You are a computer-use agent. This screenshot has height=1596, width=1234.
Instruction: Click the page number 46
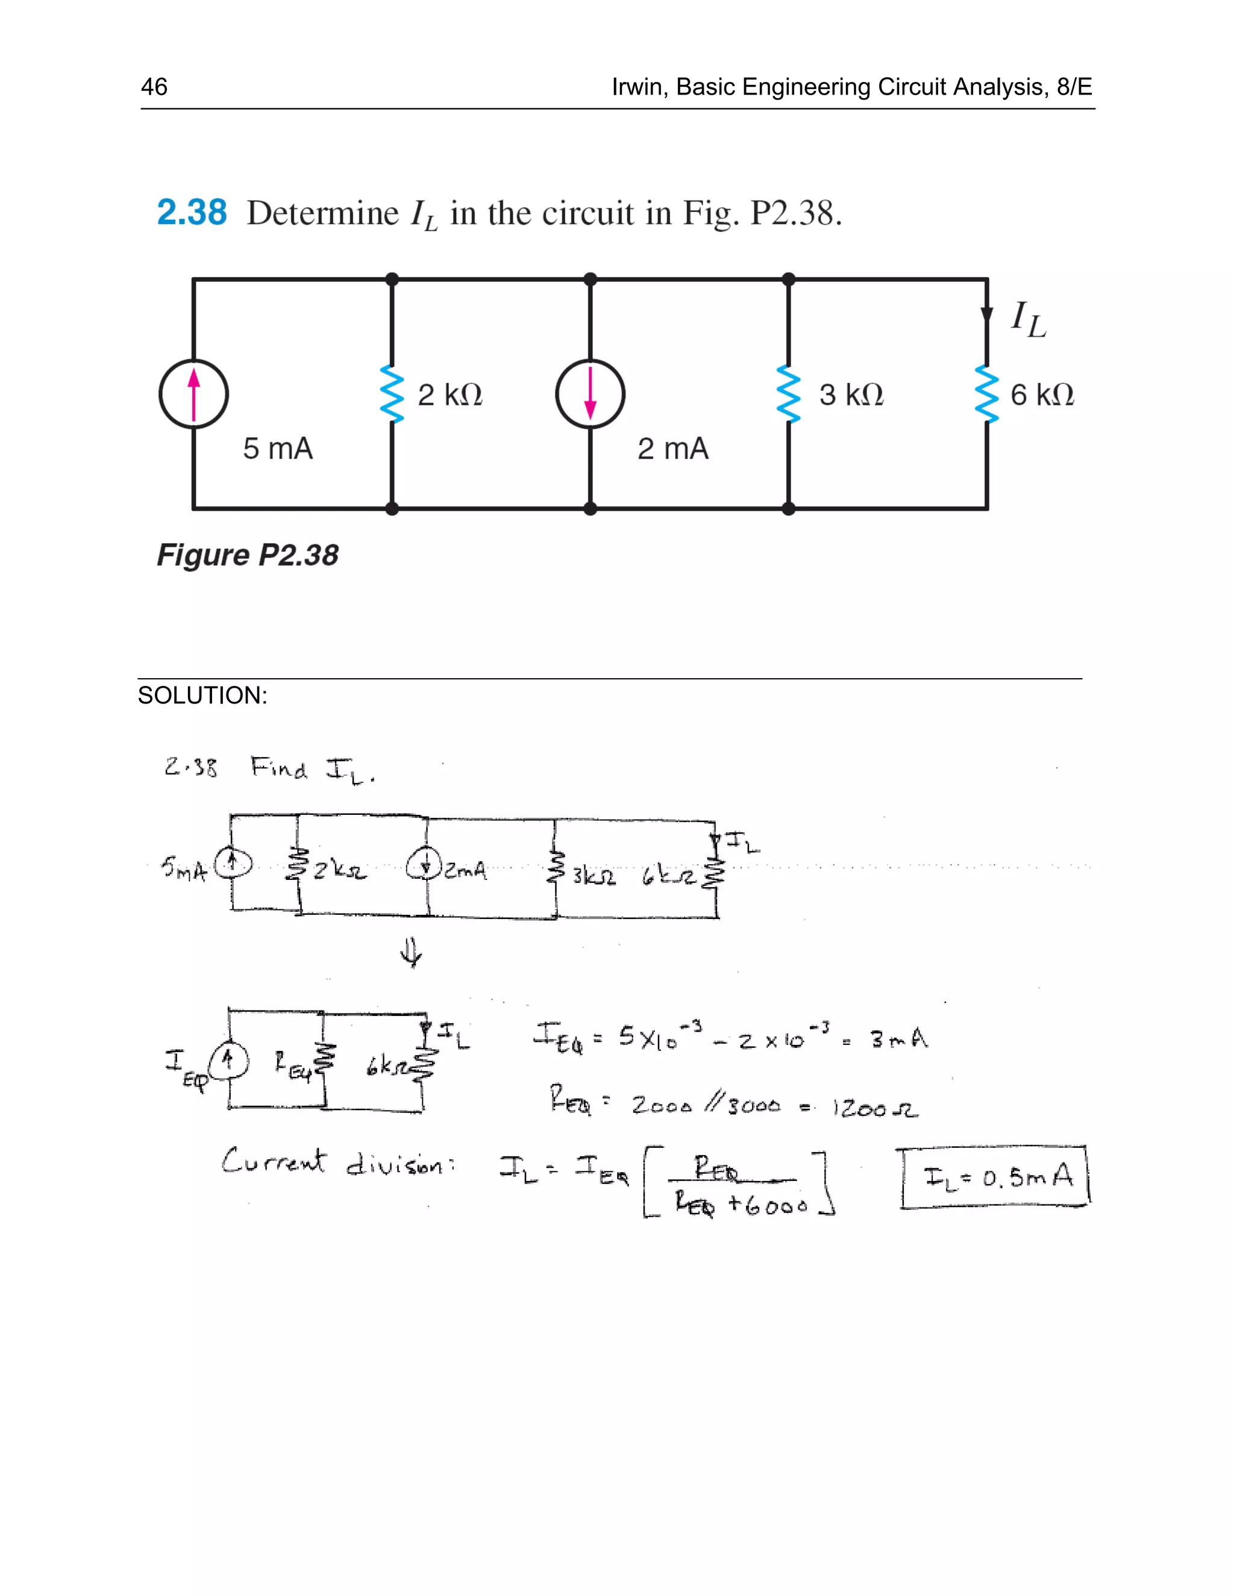pyautogui.click(x=154, y=87)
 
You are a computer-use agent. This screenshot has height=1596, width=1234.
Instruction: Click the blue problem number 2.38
pyautogui.click(x=192, y=213)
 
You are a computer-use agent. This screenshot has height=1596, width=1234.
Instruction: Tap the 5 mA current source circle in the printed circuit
pyautogui.click(x=194, y=394)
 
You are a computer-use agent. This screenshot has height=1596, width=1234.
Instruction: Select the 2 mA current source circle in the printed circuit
pyautogui.click(x=590, y=394)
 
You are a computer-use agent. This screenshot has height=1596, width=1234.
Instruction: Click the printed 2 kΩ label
pyautogui.click(x=449, y=395)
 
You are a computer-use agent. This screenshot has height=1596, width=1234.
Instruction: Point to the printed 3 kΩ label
pyautogui.click(x=851, y=395)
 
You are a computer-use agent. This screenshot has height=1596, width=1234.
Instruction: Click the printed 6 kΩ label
pyautogui.click(x=1042, y=395)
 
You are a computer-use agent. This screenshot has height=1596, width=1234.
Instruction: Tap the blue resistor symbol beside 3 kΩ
pyautogui.click(x=788, y=394)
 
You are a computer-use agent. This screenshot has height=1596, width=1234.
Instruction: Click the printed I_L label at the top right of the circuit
pyautogui.click(x=1028, y=320)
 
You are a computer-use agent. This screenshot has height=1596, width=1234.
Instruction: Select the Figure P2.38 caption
pyautogui.click(x=248, y=555)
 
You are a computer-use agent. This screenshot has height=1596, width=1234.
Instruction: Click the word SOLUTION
pyautogui.click(x=202, y=695)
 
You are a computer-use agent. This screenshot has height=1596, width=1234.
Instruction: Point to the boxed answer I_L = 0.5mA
pyautogui.click(x=994, y=1177)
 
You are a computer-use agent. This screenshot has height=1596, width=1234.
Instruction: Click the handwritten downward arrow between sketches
pyautogui.click(x=412, y=953)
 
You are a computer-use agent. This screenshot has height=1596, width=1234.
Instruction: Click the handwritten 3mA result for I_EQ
pyautogui.click(x=898, y=1038)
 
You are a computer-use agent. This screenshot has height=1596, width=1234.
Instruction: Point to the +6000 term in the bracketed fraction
pyautogui.click(x=767, y=1205)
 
